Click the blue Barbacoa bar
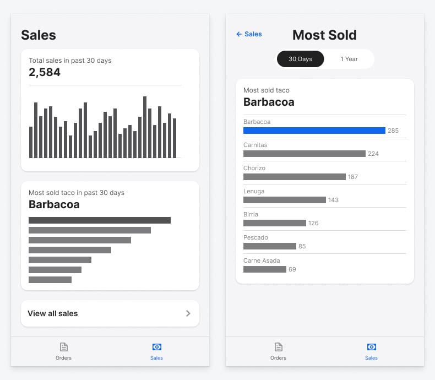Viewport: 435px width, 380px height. click(314, 131)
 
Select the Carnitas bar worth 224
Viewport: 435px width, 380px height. click(304, 154)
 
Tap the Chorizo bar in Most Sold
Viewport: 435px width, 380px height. click(294, 177)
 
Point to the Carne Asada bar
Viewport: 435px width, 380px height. click(264, 269)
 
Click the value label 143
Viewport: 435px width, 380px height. click(333, 200)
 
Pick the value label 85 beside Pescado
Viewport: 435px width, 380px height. click(302, 246)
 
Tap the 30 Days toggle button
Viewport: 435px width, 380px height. click(300, 59)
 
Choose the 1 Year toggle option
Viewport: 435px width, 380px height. click(349, 59)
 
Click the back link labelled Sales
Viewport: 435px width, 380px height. click(249, 34)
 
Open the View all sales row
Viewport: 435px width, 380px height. click(110, 313)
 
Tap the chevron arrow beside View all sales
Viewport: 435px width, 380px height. click(188, 313)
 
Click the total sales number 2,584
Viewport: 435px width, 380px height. click(45, 72)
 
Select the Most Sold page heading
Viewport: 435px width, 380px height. click(324, 35)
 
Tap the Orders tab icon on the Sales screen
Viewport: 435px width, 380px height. click(63, 347)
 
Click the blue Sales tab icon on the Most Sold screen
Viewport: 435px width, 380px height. click(371, 347)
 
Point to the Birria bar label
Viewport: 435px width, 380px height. click(251, 214)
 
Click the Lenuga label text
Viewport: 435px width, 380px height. click(254, 191)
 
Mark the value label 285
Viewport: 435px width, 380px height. click(393, 131)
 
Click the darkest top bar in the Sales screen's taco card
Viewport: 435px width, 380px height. click(99, 220)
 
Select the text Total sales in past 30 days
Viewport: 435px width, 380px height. click(70, 60)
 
